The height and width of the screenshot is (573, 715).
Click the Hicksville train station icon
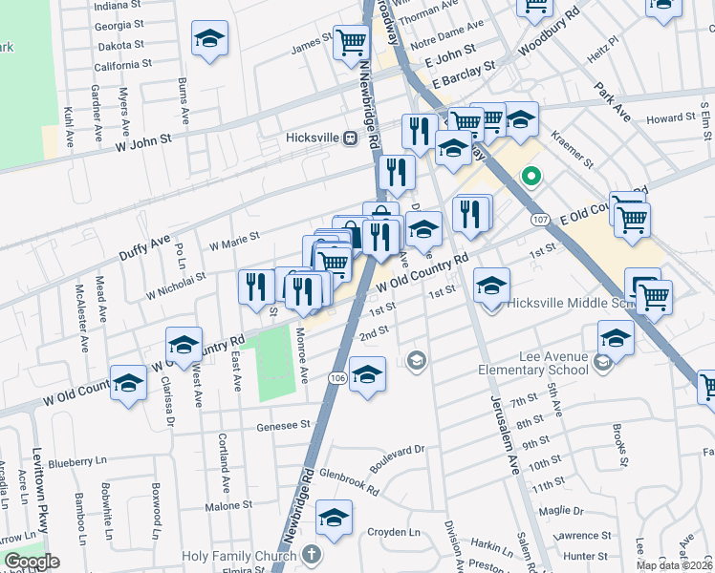(x=350, y=138)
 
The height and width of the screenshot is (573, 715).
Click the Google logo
(x=32, y=562)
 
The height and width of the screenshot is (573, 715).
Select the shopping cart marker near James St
(x=352, y=40)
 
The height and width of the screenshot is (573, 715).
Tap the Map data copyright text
(x=674, y=565)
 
